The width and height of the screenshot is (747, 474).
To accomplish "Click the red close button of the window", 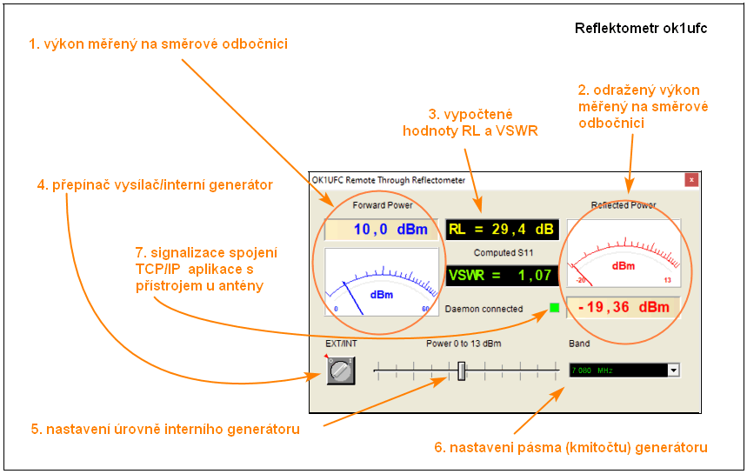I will click(x=692, y=180).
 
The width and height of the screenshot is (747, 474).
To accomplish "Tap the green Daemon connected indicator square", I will click(x=555, y=308).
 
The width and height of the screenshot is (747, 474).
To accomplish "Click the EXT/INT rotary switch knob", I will click(x=341, y=371).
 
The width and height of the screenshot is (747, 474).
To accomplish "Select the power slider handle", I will click(x=462, y=371).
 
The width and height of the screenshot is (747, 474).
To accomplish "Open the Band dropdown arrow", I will click(x=672, y=371).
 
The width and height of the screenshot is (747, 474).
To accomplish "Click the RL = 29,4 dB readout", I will click(x=502, y=230).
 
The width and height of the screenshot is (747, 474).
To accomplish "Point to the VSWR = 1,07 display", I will click(x=502, y=276).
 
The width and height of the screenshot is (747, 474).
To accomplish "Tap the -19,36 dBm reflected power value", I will click(x=624, y=307).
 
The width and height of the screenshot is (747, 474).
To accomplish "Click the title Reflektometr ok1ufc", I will click(x=641, y=29).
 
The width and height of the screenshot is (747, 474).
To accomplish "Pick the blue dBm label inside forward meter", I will click(x=382, y=295).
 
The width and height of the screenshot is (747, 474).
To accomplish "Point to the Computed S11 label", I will click(x=503, y=253).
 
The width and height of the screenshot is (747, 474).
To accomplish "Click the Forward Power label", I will click(x=382, y=206).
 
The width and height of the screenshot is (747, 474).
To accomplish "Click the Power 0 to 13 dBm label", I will click(x=464, y=344).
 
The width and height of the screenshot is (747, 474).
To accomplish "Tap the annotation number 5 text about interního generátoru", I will click(x=165, y=429).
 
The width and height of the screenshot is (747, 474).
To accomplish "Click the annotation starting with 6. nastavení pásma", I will click(x=570, y=447).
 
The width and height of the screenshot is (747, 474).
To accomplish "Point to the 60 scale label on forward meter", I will click(x=425, y=309).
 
